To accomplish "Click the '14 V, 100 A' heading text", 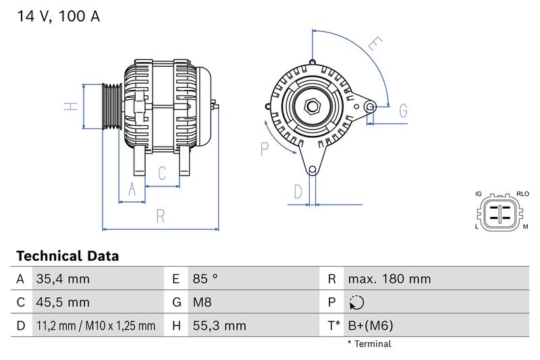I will [57, 17].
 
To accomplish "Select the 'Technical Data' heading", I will [67, 256].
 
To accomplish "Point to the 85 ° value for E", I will [205, 279].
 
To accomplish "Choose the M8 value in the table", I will [202, 302].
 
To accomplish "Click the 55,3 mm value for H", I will [219, 326].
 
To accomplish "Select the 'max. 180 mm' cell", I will [389, 279].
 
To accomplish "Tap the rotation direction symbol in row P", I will [356, 303].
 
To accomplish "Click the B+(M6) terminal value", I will [370, 326].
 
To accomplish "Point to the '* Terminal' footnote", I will [369, 344].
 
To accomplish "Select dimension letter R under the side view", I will [161, 216].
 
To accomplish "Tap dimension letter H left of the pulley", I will [69, 106].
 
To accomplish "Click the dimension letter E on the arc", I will [375, 45].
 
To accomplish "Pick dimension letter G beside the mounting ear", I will [403, 110].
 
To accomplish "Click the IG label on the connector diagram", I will [478, 194].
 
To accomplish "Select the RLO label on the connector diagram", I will [522, 194].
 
